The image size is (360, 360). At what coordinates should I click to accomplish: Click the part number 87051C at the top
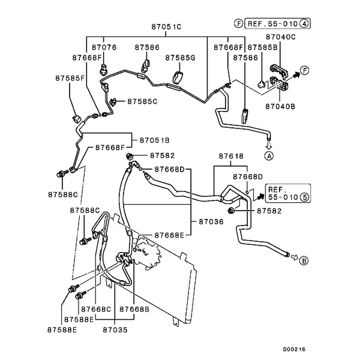point(166,26)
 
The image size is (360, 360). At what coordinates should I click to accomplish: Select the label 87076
point(104,47)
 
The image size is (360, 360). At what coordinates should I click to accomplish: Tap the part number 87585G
point(181,58)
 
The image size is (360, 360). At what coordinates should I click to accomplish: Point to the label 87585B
point(263,47)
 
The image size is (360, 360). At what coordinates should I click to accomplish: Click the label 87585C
point(142,101)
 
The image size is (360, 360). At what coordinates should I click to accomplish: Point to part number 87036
point(210,221)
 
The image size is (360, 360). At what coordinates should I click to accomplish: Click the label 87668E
point(169,235)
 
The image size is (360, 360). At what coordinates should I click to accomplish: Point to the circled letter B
point(304,260)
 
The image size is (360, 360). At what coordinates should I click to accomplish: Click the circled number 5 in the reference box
point(304,196)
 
